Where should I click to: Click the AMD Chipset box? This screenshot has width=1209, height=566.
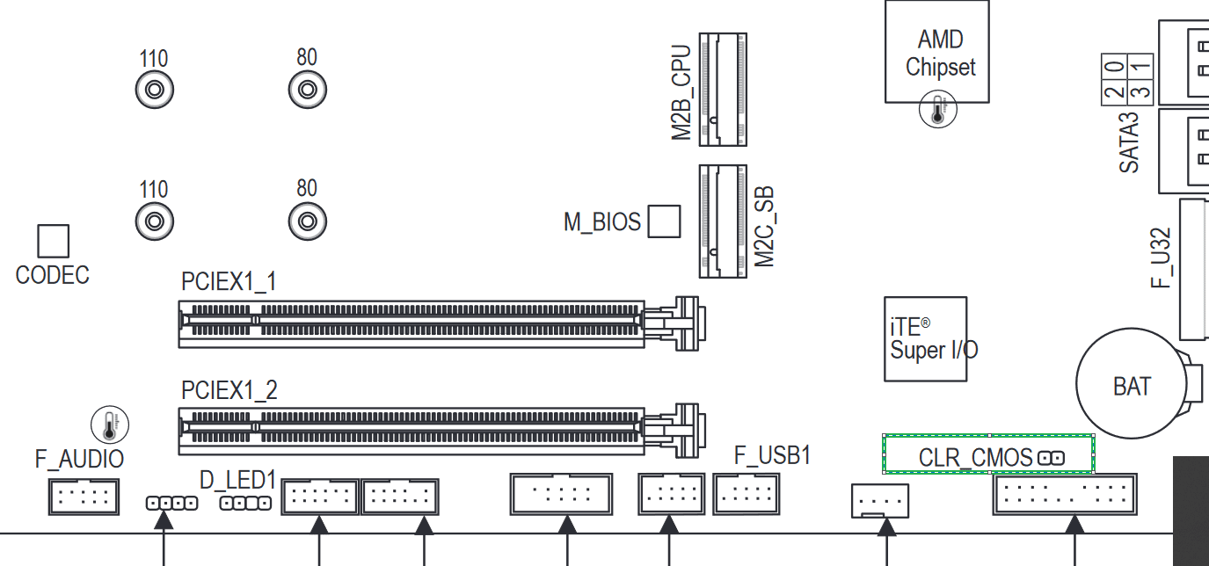tap(937, 52)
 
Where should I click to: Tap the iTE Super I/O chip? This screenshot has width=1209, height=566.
tap(926, 339)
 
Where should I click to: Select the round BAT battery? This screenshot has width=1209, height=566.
tap(1132, 383)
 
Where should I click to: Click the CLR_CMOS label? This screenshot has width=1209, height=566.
tap(975, 458)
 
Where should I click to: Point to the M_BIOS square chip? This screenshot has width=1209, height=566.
tap(664, 221)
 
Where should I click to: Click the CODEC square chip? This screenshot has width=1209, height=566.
tap(54, 241)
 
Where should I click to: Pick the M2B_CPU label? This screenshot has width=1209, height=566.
tap(681, 92)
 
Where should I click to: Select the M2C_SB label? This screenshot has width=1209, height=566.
tap(764, 227)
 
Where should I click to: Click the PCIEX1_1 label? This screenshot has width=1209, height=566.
tap(229, 281)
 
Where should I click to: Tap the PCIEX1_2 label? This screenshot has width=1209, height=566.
tap(229, 390)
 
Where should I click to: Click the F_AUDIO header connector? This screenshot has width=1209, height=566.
tap(84, 497)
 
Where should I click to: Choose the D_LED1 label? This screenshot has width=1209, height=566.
tap(238, 480)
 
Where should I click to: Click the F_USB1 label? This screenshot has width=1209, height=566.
tap(772, 455)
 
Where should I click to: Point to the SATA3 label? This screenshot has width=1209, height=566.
tap(1129, 142)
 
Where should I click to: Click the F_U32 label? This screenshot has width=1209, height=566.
tap(1161, 258)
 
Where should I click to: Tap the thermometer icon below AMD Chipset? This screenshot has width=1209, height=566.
tap(937, 109)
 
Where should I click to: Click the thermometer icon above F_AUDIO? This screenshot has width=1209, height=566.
tap(110, 424)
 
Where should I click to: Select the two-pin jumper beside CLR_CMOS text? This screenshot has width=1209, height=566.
tap(1051, 458)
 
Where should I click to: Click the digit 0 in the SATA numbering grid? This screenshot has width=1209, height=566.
tap(1115, 67)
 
